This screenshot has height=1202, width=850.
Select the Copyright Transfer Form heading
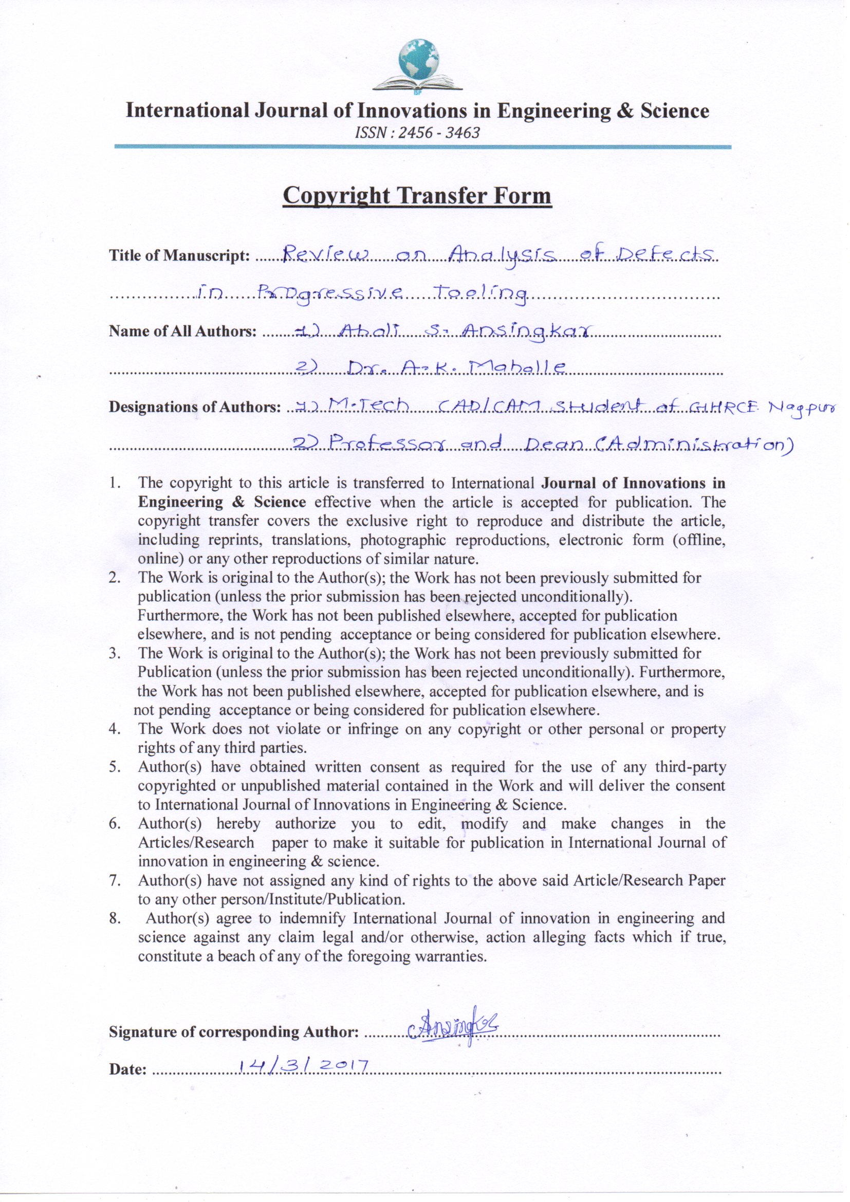tap(417, 196)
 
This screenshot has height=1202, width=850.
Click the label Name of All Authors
tap(182, 331)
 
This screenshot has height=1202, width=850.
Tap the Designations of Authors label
tap(195, 407)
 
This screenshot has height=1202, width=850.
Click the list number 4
tap(115, 729)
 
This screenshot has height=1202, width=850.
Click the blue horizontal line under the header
tap(422, 147)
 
